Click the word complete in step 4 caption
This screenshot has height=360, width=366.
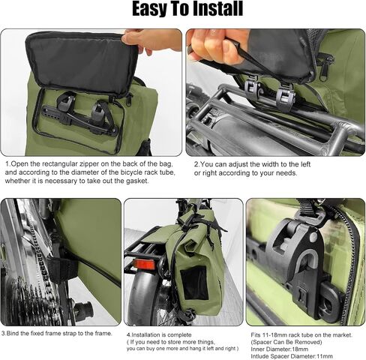tap(179, 335)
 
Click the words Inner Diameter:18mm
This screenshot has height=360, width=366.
tap(280, 349)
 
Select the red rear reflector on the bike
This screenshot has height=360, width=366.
tap(144, 264)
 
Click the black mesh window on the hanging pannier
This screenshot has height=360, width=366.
tap(194, 283)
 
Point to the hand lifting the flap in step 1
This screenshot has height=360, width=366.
tap(152, 40)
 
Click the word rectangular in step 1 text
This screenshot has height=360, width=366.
tap(59, 164)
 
